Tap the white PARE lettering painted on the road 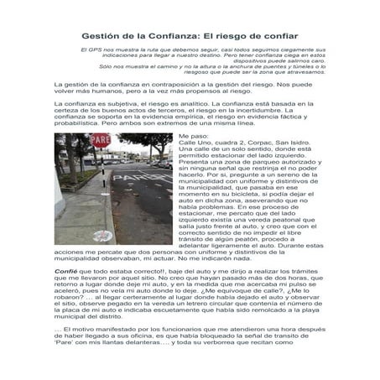(x=138, y=179)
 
